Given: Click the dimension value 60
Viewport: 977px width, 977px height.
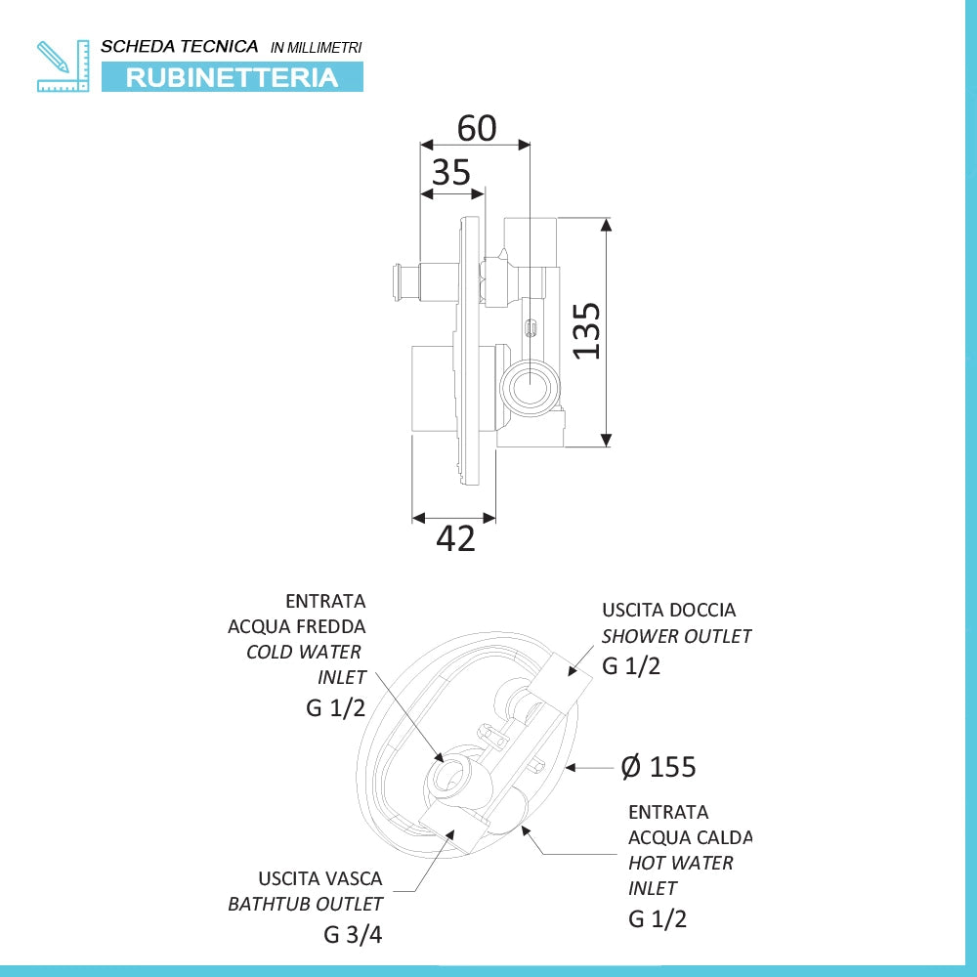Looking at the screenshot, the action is (x=477, y=128).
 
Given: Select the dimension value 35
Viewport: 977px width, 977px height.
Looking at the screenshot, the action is (x=451, y=173).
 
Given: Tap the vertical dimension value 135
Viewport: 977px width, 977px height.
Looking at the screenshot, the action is (x=586, y=331).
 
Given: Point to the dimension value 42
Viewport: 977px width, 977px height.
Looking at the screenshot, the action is (x=455, y=539).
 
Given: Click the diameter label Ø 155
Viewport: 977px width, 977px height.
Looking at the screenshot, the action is (x=658, y=767).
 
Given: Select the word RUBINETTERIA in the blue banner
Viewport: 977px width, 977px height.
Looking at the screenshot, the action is (x=232, y=78).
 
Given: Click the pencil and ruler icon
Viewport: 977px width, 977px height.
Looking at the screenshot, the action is (x=63, y=65).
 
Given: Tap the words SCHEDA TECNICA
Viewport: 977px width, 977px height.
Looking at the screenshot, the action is (x=180, y=47).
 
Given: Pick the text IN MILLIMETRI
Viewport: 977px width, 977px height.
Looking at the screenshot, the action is (x=316, y=48).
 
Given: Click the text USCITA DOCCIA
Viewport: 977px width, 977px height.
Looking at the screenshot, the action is (x=668, y=610).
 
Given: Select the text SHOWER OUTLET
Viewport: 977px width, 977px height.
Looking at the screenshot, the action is (x=676, y=636).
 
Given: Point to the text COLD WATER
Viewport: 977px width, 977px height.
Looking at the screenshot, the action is (x=304, y=652).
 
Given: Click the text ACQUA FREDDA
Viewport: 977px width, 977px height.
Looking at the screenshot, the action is (x=297, y=626).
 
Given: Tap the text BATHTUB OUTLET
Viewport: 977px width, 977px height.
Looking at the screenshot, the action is (x=305, y=904).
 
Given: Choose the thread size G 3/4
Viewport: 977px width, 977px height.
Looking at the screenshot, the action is (x=353, y=934).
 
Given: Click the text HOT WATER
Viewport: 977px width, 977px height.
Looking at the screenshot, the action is (x=680, y=863).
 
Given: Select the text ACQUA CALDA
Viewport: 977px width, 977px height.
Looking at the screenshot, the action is (x=691, y=837).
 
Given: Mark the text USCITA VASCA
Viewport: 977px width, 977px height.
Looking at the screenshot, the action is (x=320, y=878).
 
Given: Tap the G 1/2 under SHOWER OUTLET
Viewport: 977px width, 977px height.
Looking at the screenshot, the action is (x=630, y=666).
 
